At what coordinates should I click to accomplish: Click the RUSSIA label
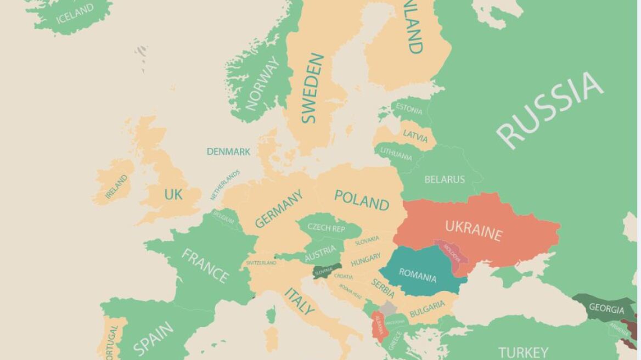click(x=549, y=110)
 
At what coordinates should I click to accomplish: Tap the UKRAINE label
click(x=473, y=230)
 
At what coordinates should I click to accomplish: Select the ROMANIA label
click(x=417, y=275)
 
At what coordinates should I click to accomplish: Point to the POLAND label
click(x=362, y=200)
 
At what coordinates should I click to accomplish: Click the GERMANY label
click(x=278, y=209)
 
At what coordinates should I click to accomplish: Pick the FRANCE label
click(x=205, y=266)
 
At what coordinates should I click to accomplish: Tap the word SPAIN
click(x=153, y=338)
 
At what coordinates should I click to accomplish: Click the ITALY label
click(x=300, y=301)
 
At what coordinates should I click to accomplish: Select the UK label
click(x=173, y=194)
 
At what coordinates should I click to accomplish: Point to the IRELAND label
click(x=116, y=187)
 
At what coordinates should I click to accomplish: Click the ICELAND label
click(x=75, y=14)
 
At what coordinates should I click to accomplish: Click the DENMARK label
click(x=228, y=151)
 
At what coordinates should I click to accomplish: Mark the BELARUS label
click(x=444, y=179)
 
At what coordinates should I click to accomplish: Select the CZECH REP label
click(x=326, y=227)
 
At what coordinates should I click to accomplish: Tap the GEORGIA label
click(x=606, y=308)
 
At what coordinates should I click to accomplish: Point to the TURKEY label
click(x=522, y=352)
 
